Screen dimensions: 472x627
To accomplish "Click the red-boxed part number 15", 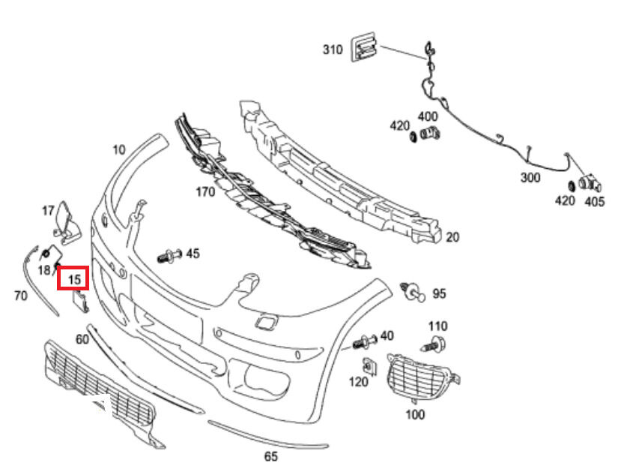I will coord(73,279).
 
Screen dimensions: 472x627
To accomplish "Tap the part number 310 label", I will coord(333,50).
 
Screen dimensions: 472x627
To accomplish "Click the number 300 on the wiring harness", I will coord(530,178).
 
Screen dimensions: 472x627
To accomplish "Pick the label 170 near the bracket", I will coord(205,191).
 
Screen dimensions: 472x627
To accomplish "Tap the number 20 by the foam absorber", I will coord(452,237).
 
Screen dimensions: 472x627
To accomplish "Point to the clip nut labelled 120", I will coord(369,367).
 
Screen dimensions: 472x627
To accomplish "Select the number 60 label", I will coord(82,339).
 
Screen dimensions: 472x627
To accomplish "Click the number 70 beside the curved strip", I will coord(20,296).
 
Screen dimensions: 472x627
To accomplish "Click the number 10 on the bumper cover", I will coord(118,149).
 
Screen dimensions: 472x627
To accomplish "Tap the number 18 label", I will coord(43,269).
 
